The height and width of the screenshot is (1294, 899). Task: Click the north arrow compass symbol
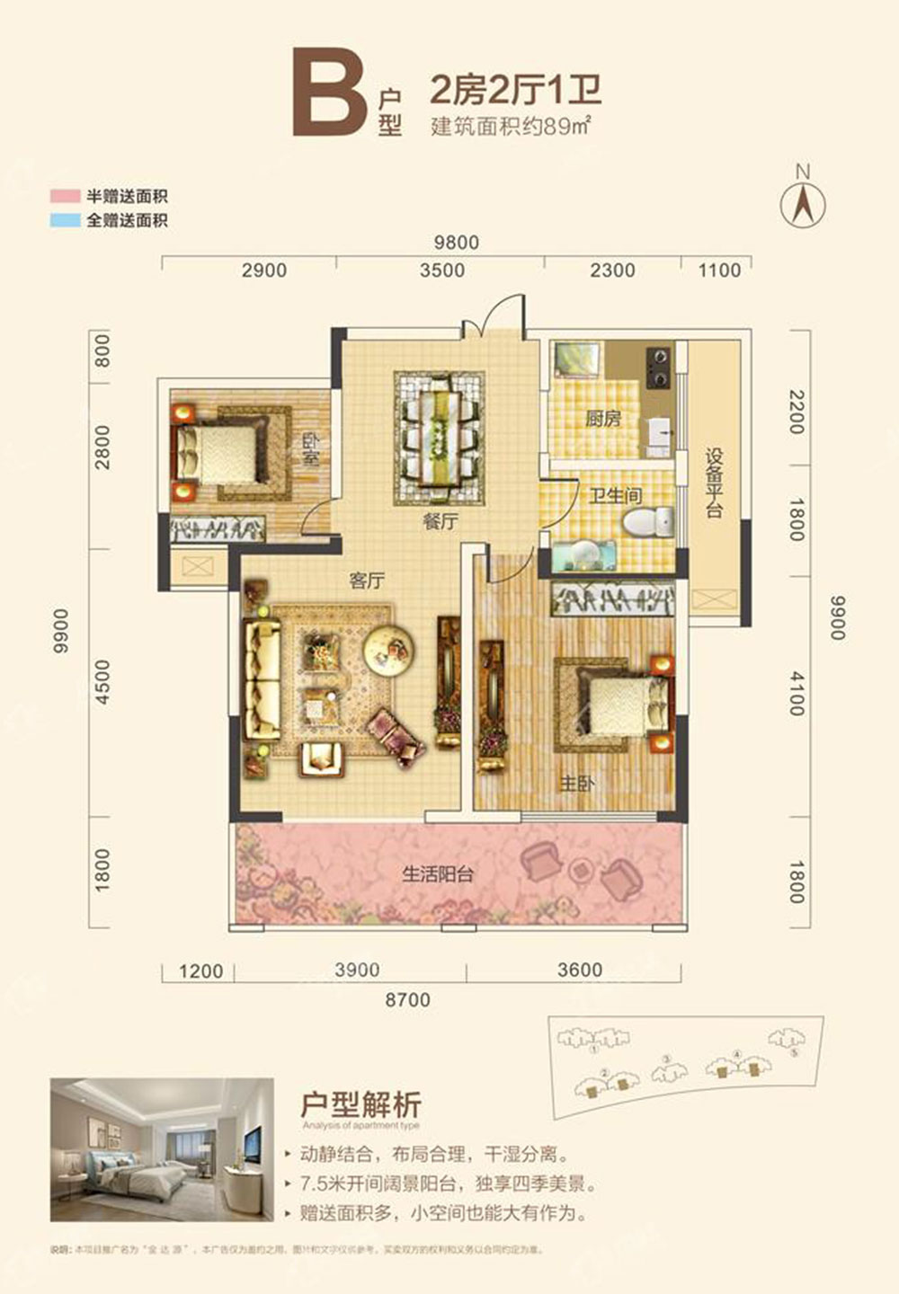coord(803,202)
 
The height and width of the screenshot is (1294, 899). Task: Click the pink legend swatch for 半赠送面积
coord(65,197)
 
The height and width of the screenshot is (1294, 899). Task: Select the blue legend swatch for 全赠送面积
coord(65,220)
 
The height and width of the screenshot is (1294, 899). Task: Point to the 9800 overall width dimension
coord(456,243)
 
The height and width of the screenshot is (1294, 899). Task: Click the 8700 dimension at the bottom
coord(407,999)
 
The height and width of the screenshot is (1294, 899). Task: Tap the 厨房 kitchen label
coord(603,418)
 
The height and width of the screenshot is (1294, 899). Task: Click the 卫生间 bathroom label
coord(616,495)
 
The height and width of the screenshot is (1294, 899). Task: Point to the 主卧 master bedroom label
coord(577,784)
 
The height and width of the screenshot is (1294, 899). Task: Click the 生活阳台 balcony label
coord(438,873)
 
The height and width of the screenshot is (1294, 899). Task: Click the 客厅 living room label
coord(367,581)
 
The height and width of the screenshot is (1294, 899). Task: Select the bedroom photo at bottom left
coord(162,1149)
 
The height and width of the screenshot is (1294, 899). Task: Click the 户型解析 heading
coord(360,1103)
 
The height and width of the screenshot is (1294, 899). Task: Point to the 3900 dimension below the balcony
coord(357,970)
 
